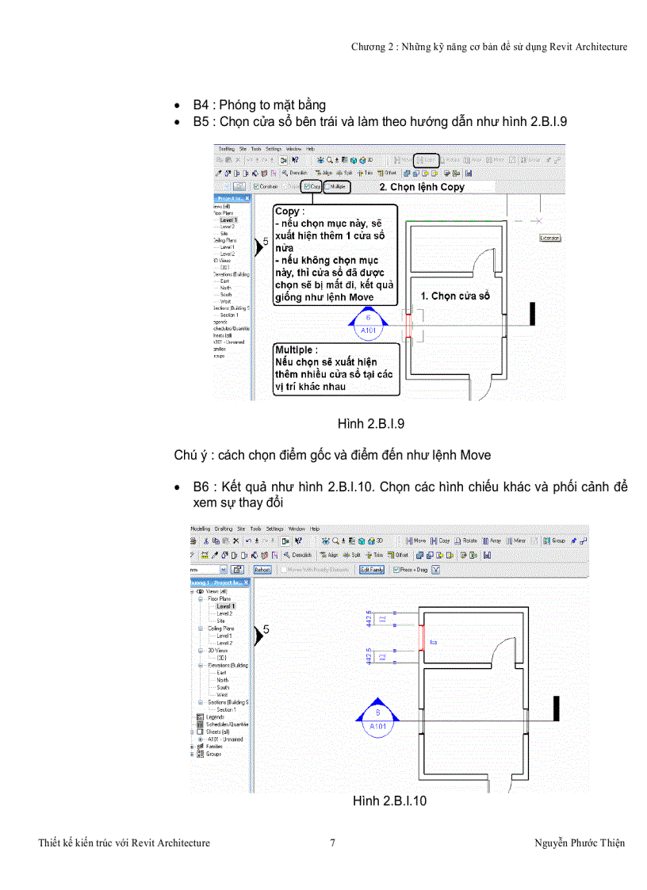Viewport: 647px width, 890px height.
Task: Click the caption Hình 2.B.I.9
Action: (x=371, y=424)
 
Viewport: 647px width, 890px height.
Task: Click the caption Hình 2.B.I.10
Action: (x=389, y=801)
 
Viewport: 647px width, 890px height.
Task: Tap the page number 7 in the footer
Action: (x=332, y=842)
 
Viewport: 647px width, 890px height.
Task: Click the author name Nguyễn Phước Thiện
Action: (x=580, y=842)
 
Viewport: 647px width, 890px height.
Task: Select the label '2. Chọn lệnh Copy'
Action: (x=421, y=188)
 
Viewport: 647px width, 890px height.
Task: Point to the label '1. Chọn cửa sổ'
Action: (x=455, y=296)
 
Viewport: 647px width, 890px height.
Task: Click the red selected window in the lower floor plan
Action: (x=420, y=640)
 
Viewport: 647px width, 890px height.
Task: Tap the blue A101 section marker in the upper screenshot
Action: (x=367, y=325)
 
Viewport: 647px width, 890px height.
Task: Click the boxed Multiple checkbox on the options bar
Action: (x=337, y=187)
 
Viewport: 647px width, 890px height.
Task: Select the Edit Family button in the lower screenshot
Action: (x=372, y=569)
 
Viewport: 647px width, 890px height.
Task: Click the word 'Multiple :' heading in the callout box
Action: (x=297, y=350)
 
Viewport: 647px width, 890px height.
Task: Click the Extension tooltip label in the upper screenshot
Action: (x=549, y=238)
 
